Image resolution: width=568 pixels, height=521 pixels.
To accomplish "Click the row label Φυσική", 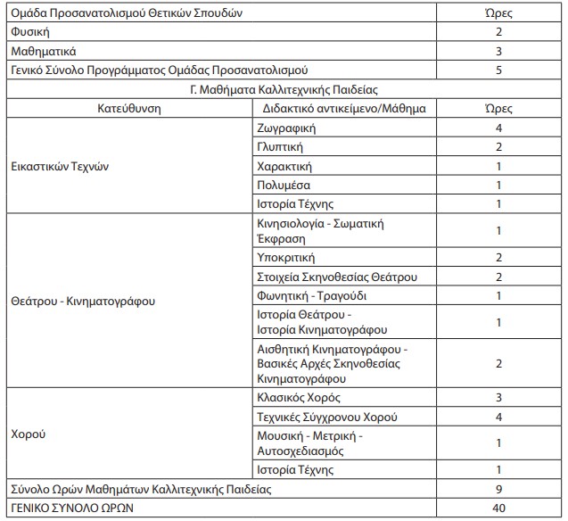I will (29, 31).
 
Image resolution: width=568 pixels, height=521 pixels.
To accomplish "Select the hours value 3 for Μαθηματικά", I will (499, 51).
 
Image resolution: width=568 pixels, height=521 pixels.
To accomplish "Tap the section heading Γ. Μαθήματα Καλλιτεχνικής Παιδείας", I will (284, 89).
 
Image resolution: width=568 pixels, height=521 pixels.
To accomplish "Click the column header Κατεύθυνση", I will (129, 109).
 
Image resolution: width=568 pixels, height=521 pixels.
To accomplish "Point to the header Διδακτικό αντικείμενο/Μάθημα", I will (343, 109).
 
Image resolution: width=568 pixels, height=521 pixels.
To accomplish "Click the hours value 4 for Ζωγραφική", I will (499, 128).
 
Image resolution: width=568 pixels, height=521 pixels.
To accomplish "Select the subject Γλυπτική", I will (280, 147).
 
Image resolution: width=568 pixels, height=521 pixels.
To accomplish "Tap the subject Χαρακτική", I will (284, 166).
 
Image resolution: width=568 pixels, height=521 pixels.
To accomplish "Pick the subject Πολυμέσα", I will (282, 185).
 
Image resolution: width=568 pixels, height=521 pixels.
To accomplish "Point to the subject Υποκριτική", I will (284, 258).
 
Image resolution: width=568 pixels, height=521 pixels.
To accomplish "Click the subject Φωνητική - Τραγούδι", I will (311, 295).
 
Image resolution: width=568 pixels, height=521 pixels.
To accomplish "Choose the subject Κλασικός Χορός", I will (298, 397).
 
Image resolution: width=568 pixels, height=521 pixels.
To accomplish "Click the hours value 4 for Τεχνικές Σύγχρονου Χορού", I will (499, 417).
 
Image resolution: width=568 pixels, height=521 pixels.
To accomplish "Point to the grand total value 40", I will (499, 509).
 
